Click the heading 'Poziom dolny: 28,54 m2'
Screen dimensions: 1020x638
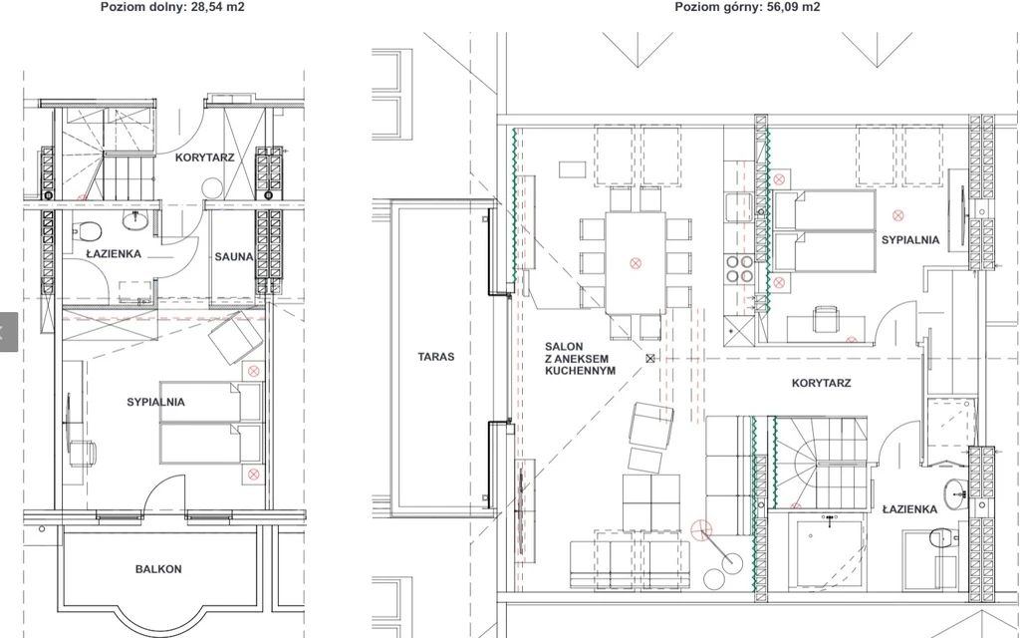pyautogui.click(x=172, y=7)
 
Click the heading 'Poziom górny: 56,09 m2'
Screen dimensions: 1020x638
pyautogui.click(x=747, y=7)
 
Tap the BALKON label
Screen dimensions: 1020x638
pyautogui.click(x=158, y=569)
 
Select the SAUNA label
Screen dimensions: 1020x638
pyautogui.click(x=234, y=257)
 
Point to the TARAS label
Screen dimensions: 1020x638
pyautogui.click(x=436, y=357)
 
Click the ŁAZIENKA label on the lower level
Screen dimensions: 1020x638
pyautogui.click(x=114, y=254)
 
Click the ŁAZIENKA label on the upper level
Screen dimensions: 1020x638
pyautogui.click(x=910, y=509)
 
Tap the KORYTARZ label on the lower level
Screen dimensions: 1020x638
pyautogui.click(x=205, y=158)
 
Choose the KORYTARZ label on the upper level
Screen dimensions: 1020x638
pyautogui.click(x=822, y=384)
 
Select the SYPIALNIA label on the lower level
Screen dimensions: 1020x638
pyautogui.click(x=156, y=403)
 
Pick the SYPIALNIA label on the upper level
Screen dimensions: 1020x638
pyautogui.click(x=910, y=240)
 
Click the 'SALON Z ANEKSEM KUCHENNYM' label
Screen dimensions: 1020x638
pyautogui.click(x=581, y=359)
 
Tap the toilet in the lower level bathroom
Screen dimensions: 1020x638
pyautogui.click(x=88, y=230)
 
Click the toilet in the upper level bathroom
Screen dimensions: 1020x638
pyautogui.click(x=943, y=538)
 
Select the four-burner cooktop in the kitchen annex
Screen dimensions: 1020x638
pyautogui.click(x=740, y=269)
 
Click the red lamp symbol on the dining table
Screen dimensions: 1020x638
pyautogui.click(x=636, y=263)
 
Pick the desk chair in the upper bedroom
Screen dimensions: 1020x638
pyautogui.click(x=826, y=320)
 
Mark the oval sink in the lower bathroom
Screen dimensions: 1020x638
pyautogui.click(x=135, y=220)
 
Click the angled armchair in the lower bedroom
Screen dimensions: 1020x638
pyautogui.click(x=235, y=337)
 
